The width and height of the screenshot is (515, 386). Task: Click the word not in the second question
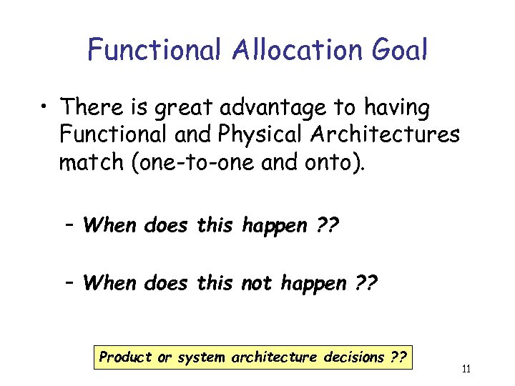[257, 283]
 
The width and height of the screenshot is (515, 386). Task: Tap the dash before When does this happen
[69, 226]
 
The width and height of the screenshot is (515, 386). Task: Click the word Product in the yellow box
[125, 357]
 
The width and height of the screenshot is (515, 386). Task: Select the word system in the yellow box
[201, 357]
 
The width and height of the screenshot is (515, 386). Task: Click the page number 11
[466, 370]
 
